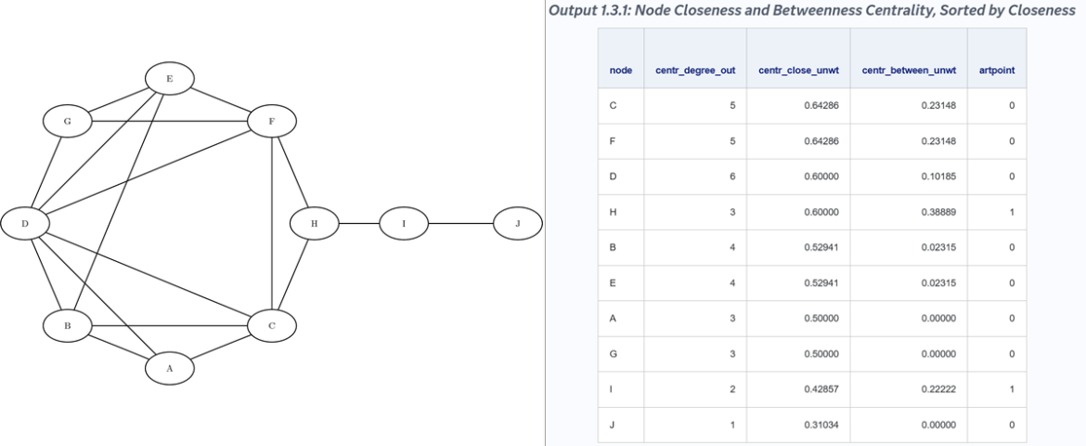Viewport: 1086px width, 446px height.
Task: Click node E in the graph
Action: [170, 79]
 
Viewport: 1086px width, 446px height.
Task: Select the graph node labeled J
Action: [517, 223]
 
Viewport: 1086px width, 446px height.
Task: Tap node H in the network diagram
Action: [314, 223]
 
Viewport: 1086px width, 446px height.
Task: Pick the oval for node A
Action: [170, 368]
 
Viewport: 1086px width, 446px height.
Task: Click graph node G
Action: [67, 122]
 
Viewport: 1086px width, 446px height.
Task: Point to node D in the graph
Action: [25, 223]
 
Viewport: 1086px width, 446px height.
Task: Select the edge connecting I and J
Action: [460, 223]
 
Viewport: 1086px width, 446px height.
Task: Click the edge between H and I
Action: [359, 223]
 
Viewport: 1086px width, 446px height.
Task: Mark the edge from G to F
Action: [170, 122]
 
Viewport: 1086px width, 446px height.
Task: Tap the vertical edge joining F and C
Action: [272, 223]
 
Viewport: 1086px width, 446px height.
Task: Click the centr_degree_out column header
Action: [695, 70]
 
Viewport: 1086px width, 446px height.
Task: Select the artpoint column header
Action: [997, 70]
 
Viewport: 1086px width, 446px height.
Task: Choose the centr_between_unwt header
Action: [909, 70]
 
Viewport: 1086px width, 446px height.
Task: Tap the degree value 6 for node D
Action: [732, 177]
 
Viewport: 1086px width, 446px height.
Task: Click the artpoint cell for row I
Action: [1012, 389]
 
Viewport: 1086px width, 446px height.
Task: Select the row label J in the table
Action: [612, 425]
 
